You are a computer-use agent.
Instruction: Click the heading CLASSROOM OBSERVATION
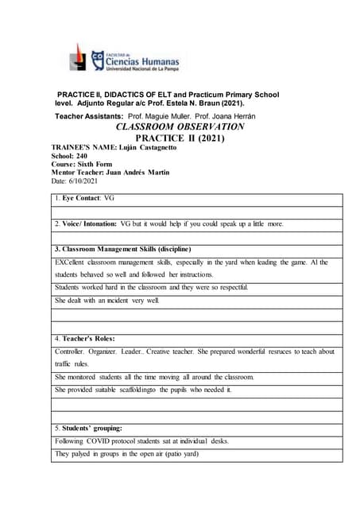(x=180, y=126)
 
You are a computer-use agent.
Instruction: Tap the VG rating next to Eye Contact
(x=110, y=198)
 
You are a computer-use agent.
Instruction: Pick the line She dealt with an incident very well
(x=107, y=301)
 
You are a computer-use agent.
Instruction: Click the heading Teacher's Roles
(x=89, y=338)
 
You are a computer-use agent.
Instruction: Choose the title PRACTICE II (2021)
(x=180, y=138)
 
